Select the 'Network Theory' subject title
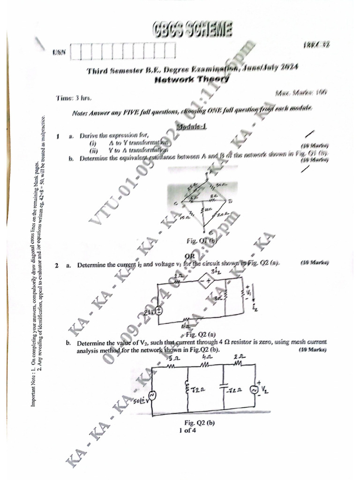(x=192, y=80)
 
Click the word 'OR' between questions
(x=190, y=255)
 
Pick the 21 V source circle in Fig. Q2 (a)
(x=159, y=311)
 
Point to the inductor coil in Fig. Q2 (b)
(x=187, y=387)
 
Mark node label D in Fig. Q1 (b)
(x=230, y=202)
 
